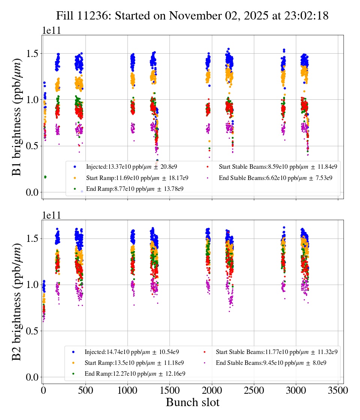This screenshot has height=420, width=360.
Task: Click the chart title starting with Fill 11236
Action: (192, 16)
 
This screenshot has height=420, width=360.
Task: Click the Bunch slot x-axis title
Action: (192, 402)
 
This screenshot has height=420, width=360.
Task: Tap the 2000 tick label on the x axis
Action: (212, 390)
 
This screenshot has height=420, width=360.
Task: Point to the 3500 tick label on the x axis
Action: (338, 390)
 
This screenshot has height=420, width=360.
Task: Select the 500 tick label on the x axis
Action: (85, 390)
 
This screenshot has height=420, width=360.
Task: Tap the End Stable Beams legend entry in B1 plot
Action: (275, 178)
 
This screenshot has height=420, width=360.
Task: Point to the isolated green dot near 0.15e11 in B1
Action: (45, 177)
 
